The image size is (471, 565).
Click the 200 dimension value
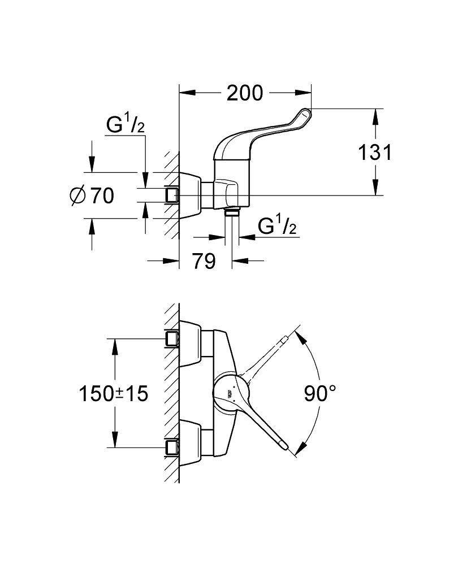pos(245,93)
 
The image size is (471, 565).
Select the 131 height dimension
pos(374,152)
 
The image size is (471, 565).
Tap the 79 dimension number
pos(203,261)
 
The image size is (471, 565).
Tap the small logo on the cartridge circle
pos(230,394)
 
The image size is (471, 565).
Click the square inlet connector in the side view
pos(172,195)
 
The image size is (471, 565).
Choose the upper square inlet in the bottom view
pos(172,339)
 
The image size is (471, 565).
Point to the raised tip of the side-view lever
pos(305,115)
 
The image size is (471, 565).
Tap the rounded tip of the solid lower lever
pos(289,448)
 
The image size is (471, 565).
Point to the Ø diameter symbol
pos(77,195)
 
